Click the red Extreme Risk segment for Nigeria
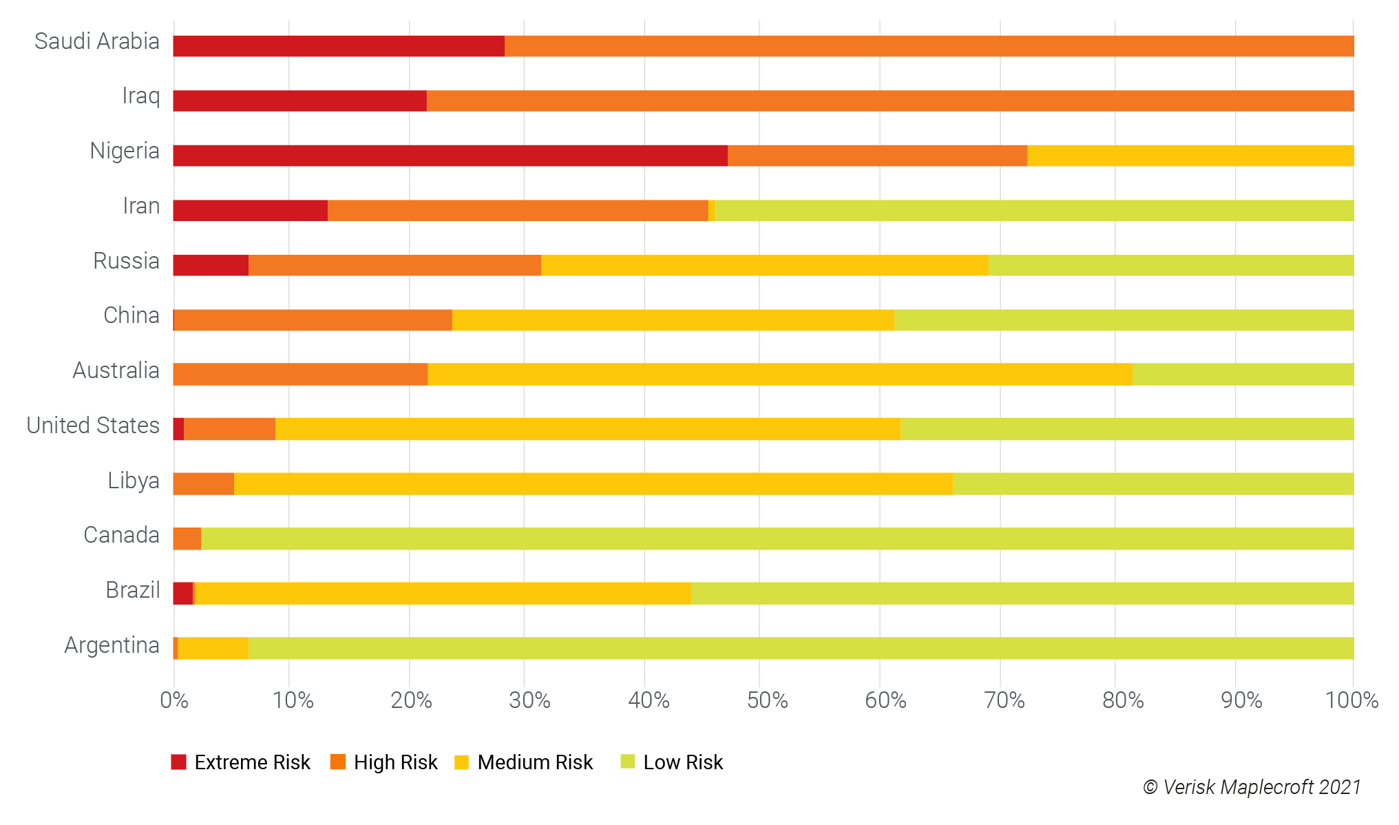450,156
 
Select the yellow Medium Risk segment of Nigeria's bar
1190,156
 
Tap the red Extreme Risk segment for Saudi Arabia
339,46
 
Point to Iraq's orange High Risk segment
890,101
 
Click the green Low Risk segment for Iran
1034,211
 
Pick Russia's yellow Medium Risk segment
764,265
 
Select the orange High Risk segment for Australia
300,374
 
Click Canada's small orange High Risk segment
187,539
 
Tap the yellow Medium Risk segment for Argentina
213,648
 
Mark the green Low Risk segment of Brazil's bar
1022,594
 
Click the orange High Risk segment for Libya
204,483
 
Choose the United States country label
93,426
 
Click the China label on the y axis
131,315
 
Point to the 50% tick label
767,700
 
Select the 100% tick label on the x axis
1351,700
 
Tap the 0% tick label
174,700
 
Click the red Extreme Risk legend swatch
179,762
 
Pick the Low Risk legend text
682,762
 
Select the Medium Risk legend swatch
462,762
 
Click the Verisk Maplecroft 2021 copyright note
1252,787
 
